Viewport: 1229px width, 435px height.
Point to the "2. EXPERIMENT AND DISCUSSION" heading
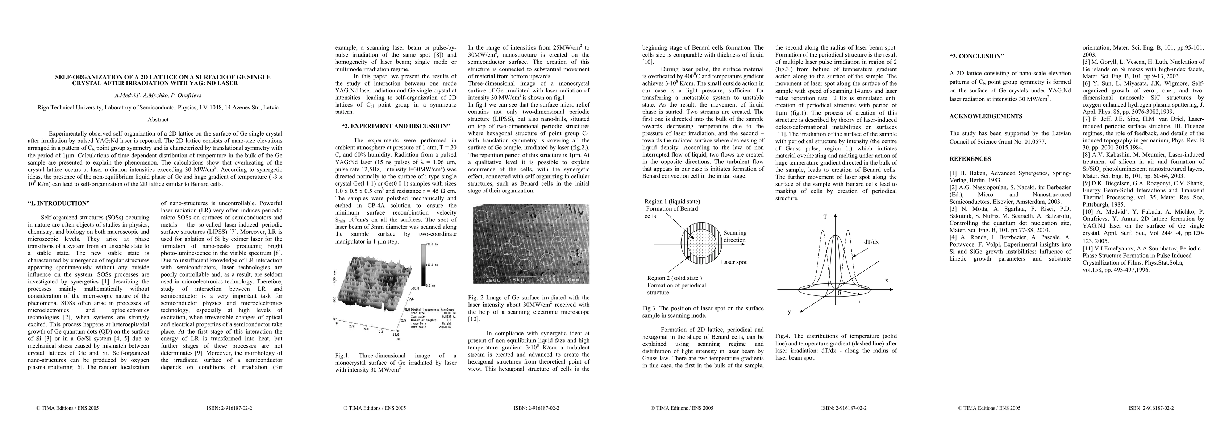click(x=396, y=126)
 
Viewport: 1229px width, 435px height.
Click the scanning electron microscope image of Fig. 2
click(x=530, y=244)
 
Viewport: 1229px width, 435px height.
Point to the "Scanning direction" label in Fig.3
click(x=735, y=236)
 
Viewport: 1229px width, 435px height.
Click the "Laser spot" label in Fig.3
click(x=733, y=262)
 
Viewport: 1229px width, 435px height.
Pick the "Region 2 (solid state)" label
click(x=674, y=278)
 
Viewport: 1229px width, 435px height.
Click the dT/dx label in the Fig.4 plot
click(x=871, y=242)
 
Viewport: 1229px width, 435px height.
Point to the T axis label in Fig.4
click(x=825, y=217)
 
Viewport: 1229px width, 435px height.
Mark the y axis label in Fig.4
click(x=789, y=312)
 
